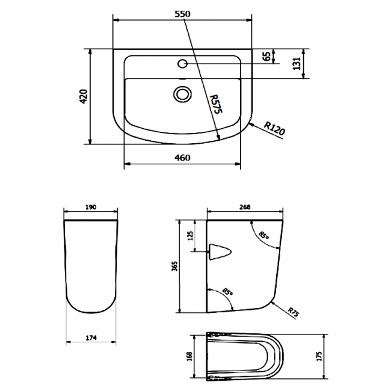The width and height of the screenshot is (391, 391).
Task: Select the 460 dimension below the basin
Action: [182, 158]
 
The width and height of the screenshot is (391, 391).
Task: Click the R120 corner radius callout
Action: [274, 128]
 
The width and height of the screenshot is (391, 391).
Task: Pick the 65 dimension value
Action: [265, 57]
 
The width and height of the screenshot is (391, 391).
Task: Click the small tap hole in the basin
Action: [183, 64]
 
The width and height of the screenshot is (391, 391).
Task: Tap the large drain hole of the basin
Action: [182, 93]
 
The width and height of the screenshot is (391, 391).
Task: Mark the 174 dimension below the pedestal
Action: [90, 336]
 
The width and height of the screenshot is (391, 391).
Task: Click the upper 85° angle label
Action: [263, 235]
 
